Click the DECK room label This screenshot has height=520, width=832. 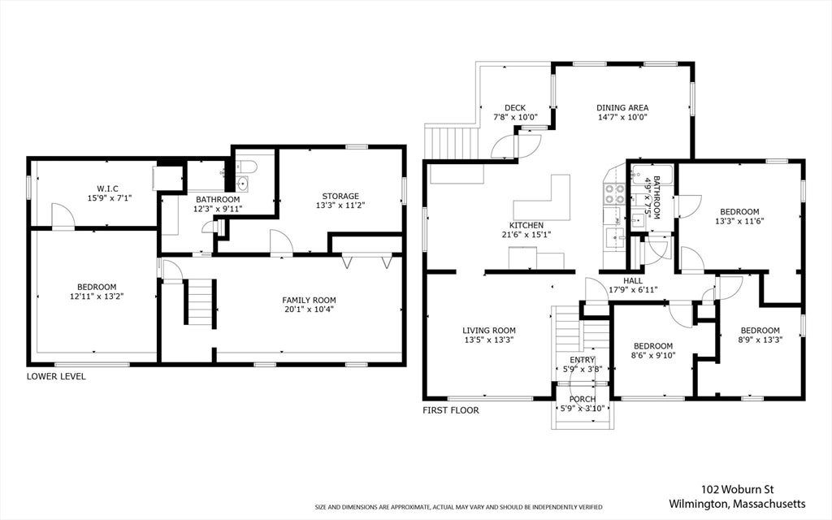click(514, 108)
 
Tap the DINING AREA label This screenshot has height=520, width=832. click(622, 108)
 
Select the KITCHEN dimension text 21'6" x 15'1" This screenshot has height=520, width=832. click(526, 235)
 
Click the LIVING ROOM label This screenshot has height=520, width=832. click(488, 330)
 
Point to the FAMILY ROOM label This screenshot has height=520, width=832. click(309, 301)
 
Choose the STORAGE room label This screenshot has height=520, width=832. click(340, 197)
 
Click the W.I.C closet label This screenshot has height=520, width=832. click(107, 188)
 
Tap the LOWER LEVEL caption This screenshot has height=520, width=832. click(56, 376)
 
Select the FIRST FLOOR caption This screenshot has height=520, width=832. click(450, 410)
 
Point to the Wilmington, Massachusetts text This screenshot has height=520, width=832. click(737, 504)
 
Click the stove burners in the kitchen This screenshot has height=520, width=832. click(615, 193)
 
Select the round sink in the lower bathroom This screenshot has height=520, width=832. click(242, 184)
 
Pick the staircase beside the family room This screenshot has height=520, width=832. click(200, 301)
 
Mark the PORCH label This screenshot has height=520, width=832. click(583, 399)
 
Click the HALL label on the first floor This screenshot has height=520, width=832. click(633, 280)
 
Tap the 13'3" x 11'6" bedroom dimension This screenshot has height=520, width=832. click(739, 221)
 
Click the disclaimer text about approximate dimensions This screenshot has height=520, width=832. click(458, 507)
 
